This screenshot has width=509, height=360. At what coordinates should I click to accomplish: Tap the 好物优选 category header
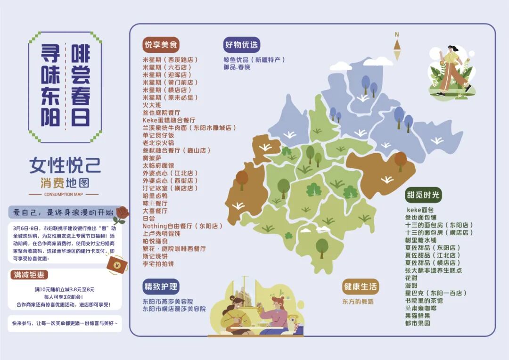coord(241,45)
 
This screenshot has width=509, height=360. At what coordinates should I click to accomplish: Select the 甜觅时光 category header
coord(424,195)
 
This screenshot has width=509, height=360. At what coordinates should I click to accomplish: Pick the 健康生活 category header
coord(361,286)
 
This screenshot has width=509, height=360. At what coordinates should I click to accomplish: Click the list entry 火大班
coord(152,105)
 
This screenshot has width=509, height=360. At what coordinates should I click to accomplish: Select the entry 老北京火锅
coord(158,143)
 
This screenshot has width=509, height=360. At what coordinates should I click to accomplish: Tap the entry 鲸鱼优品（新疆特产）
coord(254,60)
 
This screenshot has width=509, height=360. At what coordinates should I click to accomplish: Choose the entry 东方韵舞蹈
coord(358,301)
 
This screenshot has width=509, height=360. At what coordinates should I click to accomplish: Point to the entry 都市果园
coord(418,323)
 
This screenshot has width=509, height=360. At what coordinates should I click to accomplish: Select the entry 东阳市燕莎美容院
coord(168,301)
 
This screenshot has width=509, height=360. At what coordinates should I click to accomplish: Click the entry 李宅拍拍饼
coord(158,263)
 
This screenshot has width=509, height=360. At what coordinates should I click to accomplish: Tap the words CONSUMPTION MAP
coord(63,194)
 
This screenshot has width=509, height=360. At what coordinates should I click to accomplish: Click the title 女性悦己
coord(65,165)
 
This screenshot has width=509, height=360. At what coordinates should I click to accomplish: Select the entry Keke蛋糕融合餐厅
coord(169,120)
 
